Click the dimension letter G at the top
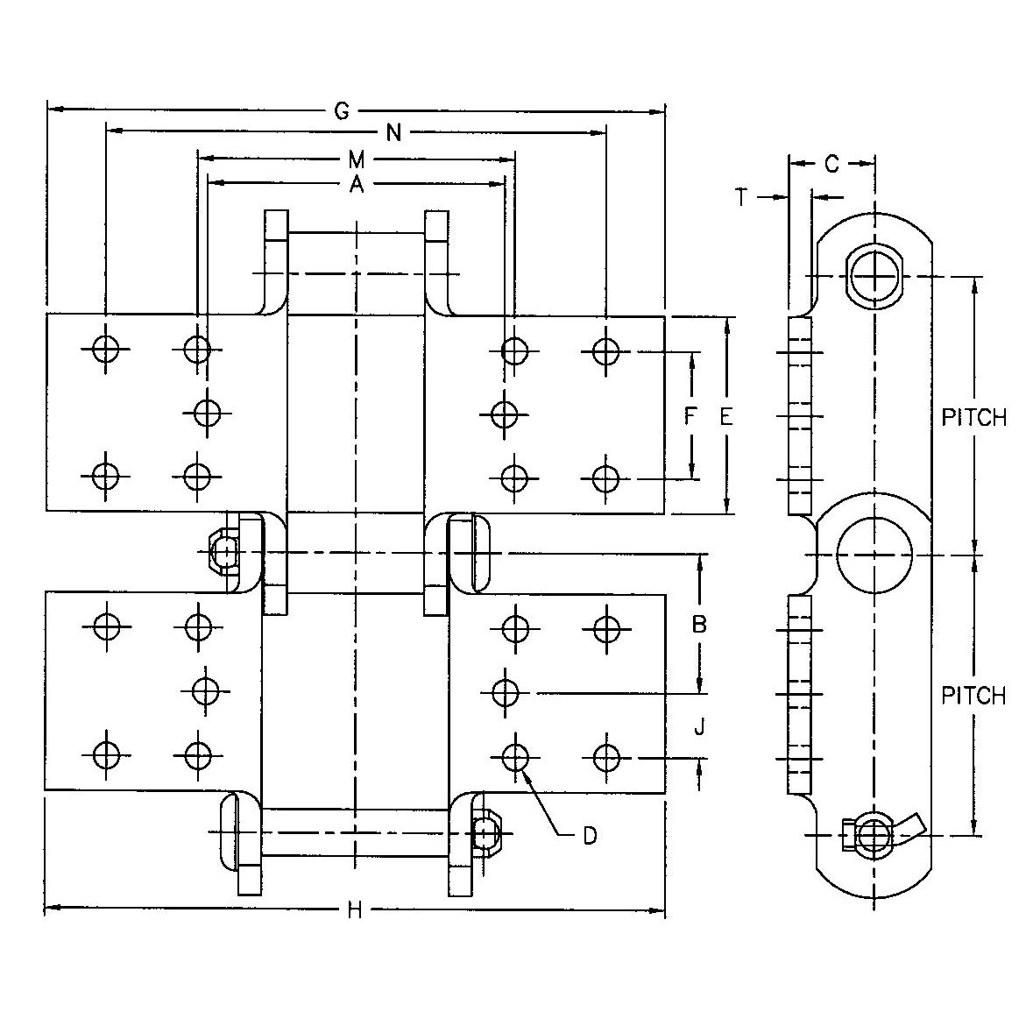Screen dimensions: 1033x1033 [x=343, y=110]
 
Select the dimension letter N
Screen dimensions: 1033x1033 [x=393, y=132]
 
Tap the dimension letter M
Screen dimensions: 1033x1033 [x=356, y=159]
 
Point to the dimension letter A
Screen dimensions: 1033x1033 [x=355, y=183]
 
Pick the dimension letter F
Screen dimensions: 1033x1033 [x=690, y=417]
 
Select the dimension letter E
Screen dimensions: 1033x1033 [x=725, y=417]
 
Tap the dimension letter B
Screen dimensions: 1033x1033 [x=699, y=624]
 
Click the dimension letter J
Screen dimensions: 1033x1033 [x=699, y=726]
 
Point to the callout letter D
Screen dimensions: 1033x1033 [x=590, y=836]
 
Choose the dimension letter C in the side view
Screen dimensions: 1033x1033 [x=832, y=163]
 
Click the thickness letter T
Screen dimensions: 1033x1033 [x=742, y=198]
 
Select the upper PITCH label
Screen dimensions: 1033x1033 [x=973, y=417]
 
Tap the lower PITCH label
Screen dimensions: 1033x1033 [x=973, y=696]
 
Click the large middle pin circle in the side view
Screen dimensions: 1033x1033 [x=874, y=555]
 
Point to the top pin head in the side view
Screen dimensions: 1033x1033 [x=874, y=276]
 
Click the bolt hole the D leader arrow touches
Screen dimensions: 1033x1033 [x=516, y=754]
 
